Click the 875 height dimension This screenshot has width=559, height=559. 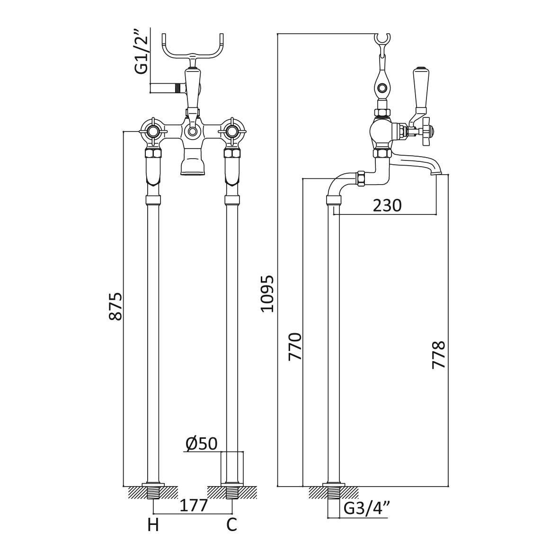(x=116, y=306)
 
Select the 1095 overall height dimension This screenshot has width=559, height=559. (x=267, y=294)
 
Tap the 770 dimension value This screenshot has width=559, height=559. (x=295, y=346)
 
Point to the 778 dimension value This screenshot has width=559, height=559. (x=439, y=355)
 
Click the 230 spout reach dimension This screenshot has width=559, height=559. (x=387, y=205)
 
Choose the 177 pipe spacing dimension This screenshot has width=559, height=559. (x=194, y=505)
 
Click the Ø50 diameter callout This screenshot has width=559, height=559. (x=202, y=444)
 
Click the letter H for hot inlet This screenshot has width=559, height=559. (x=153, y=525)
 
